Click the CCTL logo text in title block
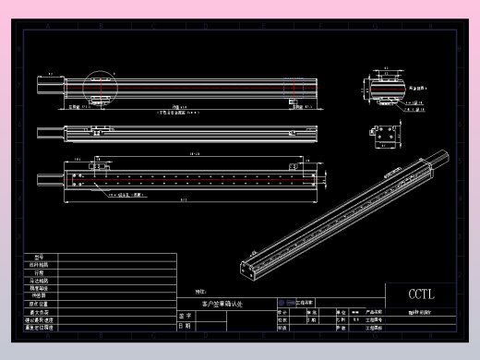point(420,294)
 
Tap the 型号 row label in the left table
point(39,258)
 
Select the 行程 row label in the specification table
point(39,272)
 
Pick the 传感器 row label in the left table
point(39,295)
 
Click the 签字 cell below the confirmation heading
point(185,315)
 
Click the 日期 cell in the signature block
point(185,325)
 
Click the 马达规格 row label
point(39,280)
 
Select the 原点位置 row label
point(39,303)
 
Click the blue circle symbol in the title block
point(281,302)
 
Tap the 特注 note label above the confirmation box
point(201,291)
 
